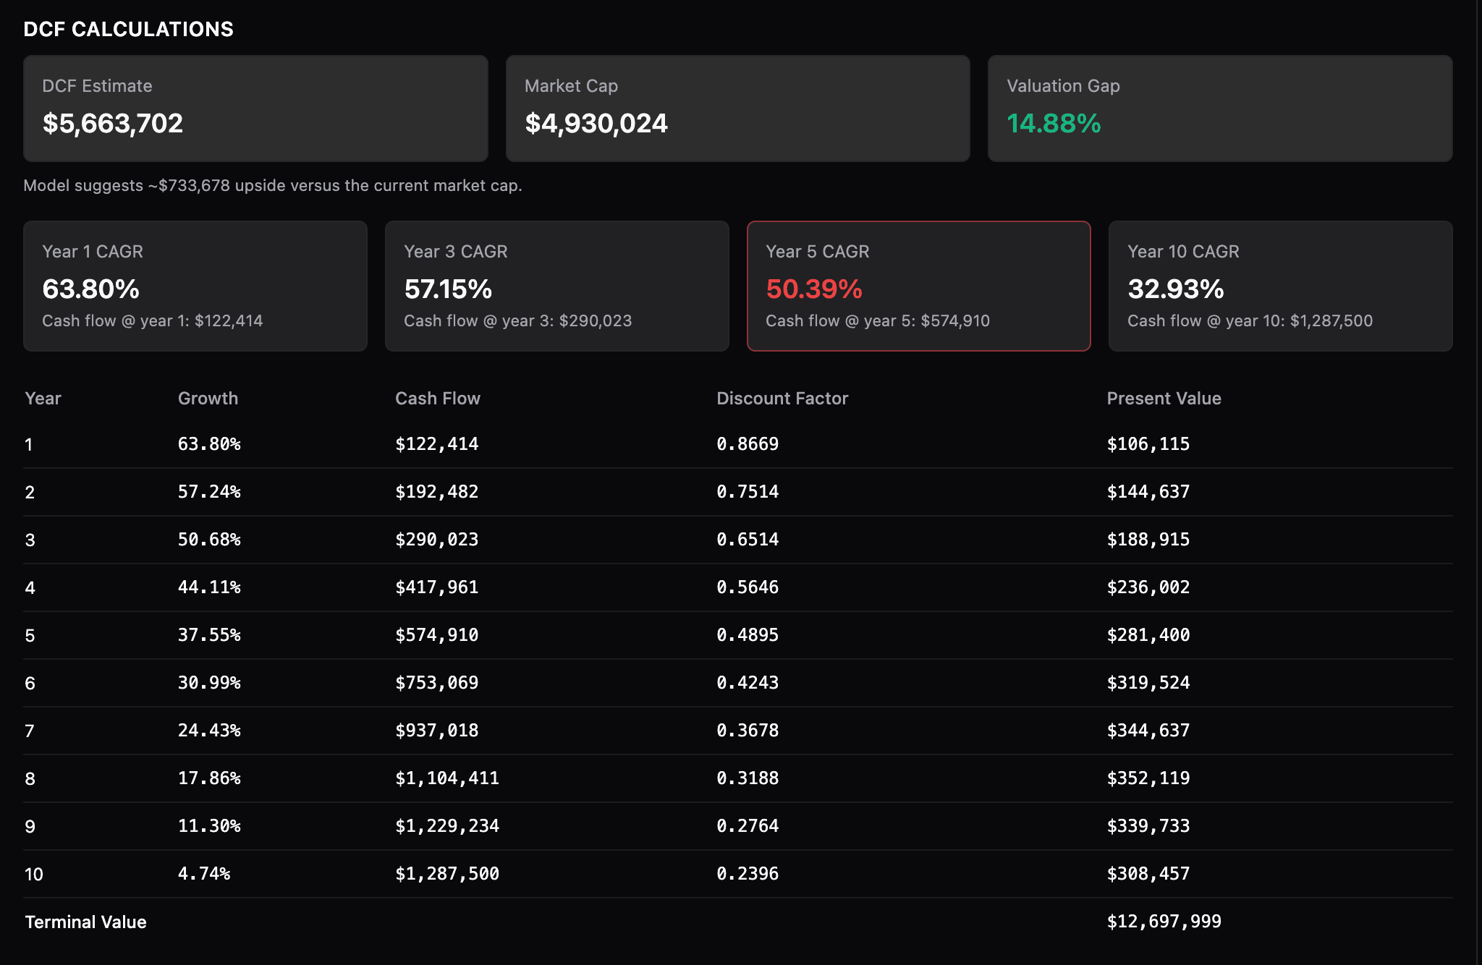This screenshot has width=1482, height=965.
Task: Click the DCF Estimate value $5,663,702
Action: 112,124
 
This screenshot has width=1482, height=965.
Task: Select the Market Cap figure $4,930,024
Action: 596,124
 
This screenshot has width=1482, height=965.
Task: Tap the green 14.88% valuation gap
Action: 1054,124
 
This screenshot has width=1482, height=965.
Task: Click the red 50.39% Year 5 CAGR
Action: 814,289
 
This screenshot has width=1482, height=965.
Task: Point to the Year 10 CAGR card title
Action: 1183,252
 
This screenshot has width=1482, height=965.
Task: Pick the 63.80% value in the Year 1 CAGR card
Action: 90,289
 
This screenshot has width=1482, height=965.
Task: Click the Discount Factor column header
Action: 782,399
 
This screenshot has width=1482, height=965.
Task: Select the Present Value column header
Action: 1164,399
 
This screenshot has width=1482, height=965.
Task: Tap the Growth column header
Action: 208,399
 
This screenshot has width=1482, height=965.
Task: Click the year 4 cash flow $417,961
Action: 436,587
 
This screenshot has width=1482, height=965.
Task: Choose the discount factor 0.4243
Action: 748,683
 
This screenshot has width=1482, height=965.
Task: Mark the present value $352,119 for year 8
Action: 1148,778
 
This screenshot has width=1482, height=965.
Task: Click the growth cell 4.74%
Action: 204,874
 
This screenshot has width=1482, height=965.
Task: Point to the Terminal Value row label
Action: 85,922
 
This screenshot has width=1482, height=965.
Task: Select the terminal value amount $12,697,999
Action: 1164,922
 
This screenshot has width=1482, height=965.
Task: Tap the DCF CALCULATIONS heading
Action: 128,29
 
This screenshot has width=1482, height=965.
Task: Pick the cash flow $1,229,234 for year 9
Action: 446,826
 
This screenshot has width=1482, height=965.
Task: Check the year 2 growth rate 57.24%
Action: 209,492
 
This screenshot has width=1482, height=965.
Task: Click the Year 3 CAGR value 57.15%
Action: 448,289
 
